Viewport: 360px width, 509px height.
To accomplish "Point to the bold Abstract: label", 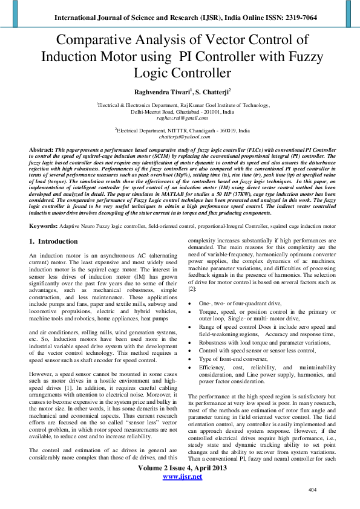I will (43, 149).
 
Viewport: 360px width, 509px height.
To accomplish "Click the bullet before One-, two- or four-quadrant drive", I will (191, 303).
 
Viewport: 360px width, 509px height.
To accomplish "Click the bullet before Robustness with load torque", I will (191, 342).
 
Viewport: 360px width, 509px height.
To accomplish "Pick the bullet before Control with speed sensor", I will (191, 350).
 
